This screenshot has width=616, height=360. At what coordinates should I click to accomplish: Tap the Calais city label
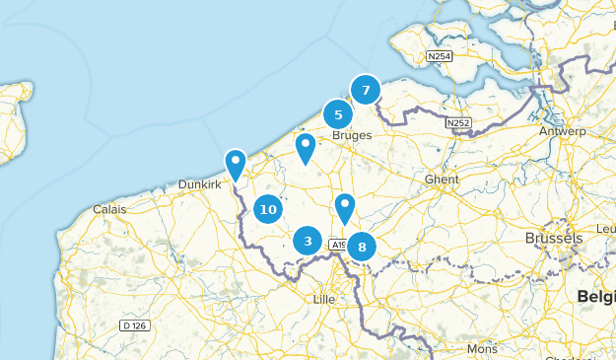point(109,209)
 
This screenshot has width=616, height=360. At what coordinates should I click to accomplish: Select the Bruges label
point(351,136)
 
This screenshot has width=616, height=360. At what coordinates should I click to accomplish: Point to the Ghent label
point(442,179)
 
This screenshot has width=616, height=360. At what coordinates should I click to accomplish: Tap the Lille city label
point(323,298)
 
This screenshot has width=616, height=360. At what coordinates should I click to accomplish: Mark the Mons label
point(483,349)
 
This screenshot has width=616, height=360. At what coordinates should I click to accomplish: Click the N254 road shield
point(440,57)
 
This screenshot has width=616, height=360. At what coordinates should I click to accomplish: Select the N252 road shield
point(457,123)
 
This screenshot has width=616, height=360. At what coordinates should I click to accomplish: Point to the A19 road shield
point(337,245)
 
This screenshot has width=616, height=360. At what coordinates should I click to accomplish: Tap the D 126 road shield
point(135,325)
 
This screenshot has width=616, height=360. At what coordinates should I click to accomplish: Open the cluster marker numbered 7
point(366,90)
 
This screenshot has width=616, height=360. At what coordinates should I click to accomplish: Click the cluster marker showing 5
point(338,114)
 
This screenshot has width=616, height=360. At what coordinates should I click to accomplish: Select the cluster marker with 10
point(267,208)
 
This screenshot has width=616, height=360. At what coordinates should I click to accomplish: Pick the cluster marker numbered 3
point(308,240)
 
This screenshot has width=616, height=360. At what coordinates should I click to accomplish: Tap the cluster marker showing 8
point(362,247)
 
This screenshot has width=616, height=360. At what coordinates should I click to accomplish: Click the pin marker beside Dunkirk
point(236,163)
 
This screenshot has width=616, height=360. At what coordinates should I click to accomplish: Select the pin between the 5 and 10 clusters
point(306,148)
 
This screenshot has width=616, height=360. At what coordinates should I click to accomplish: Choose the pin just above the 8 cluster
point(344,207)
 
